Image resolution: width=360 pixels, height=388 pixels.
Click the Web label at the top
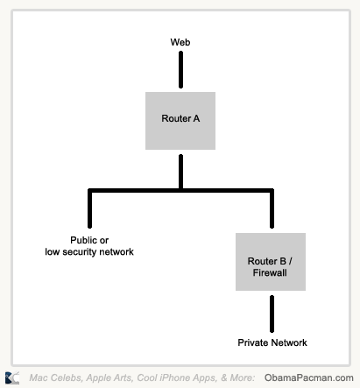(x=180, y=42)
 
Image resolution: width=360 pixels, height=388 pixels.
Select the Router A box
(x=180, y=121)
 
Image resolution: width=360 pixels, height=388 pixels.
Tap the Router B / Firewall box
(x=271, y=262)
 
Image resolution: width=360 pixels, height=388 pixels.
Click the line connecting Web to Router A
(x=180, y=70)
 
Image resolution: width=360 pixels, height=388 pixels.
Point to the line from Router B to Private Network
(x=272, y=314)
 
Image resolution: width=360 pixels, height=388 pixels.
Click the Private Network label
(x=272, y=342)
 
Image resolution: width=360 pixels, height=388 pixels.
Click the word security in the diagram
(x=80, y=252)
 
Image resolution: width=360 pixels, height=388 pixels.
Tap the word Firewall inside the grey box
(x=270, y=272)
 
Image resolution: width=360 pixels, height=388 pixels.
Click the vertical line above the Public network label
(x=89, y=208)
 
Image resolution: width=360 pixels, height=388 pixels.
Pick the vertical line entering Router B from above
(x=272, y=208)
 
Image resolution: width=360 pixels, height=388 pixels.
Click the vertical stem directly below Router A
(x=180, y=172)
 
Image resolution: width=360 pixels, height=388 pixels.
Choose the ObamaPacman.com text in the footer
(x=309, y=377)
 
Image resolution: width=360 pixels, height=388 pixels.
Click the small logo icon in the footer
(x=12, y=377)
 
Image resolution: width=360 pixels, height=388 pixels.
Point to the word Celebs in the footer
(x=69, y=377)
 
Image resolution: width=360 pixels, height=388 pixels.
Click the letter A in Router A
(x=196, y=118)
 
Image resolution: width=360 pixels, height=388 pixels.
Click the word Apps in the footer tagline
(x=205, y=377)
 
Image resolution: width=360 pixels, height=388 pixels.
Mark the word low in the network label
(x=53, y=252)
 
